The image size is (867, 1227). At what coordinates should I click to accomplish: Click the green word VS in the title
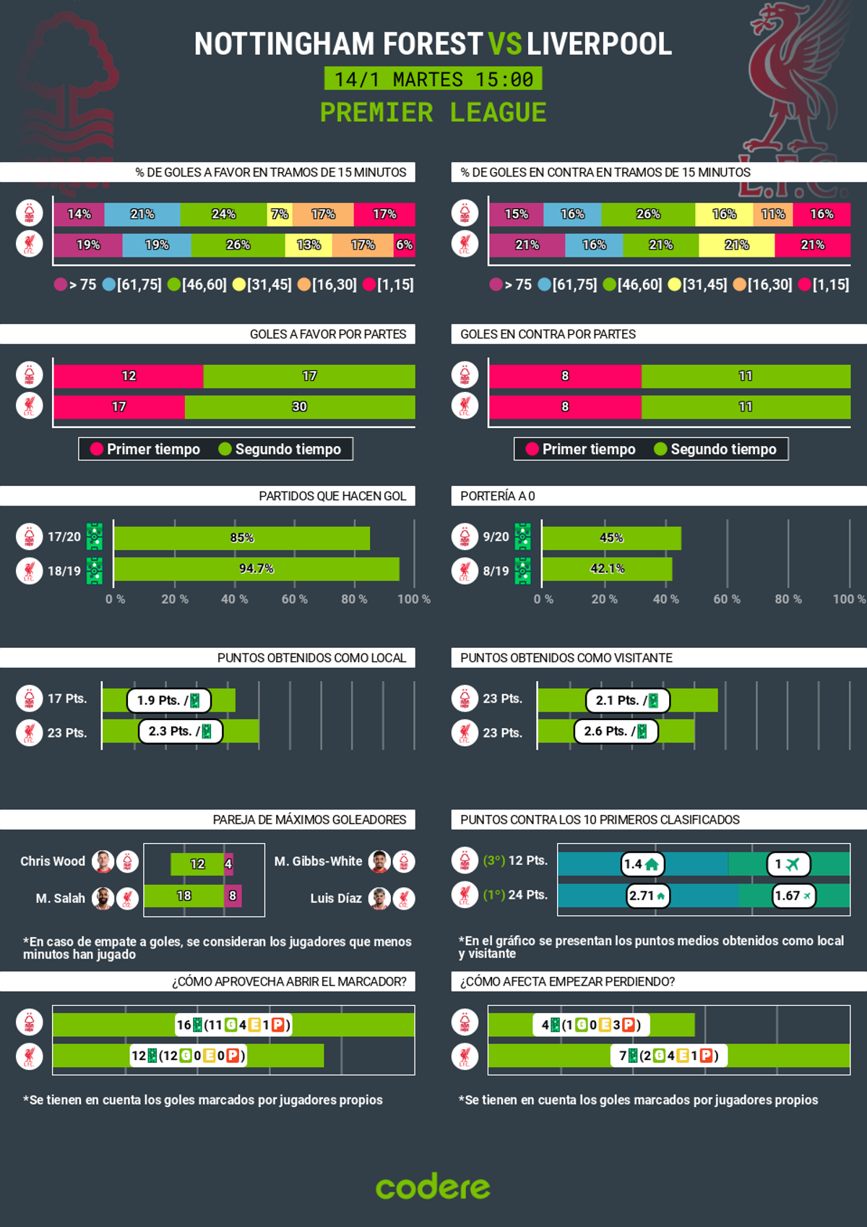504,44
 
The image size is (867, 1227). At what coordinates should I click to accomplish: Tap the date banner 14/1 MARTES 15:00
433,79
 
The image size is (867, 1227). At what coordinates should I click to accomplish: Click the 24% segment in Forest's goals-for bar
223,214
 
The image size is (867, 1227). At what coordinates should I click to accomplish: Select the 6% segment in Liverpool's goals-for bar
405,245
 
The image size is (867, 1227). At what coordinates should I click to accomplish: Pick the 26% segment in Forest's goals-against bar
647,214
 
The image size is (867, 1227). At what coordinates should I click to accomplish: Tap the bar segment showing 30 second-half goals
299,407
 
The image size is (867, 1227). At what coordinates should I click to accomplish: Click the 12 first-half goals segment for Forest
129,376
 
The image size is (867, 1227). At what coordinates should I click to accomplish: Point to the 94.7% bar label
256,569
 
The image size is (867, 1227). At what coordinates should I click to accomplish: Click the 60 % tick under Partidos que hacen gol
294,599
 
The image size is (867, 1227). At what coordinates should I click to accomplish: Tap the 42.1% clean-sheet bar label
607,569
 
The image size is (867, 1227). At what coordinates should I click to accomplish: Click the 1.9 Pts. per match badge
169,700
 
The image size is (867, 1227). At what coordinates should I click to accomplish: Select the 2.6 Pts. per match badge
616,731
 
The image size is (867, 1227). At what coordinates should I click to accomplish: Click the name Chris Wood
53,861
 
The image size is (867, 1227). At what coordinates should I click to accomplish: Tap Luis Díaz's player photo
379,898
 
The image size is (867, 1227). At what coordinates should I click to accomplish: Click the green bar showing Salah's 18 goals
184,896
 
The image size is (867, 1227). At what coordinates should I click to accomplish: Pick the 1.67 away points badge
793,896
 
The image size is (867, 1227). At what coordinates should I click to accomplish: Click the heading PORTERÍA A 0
498,496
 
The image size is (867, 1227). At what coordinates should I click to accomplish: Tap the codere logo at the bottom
433,1187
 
